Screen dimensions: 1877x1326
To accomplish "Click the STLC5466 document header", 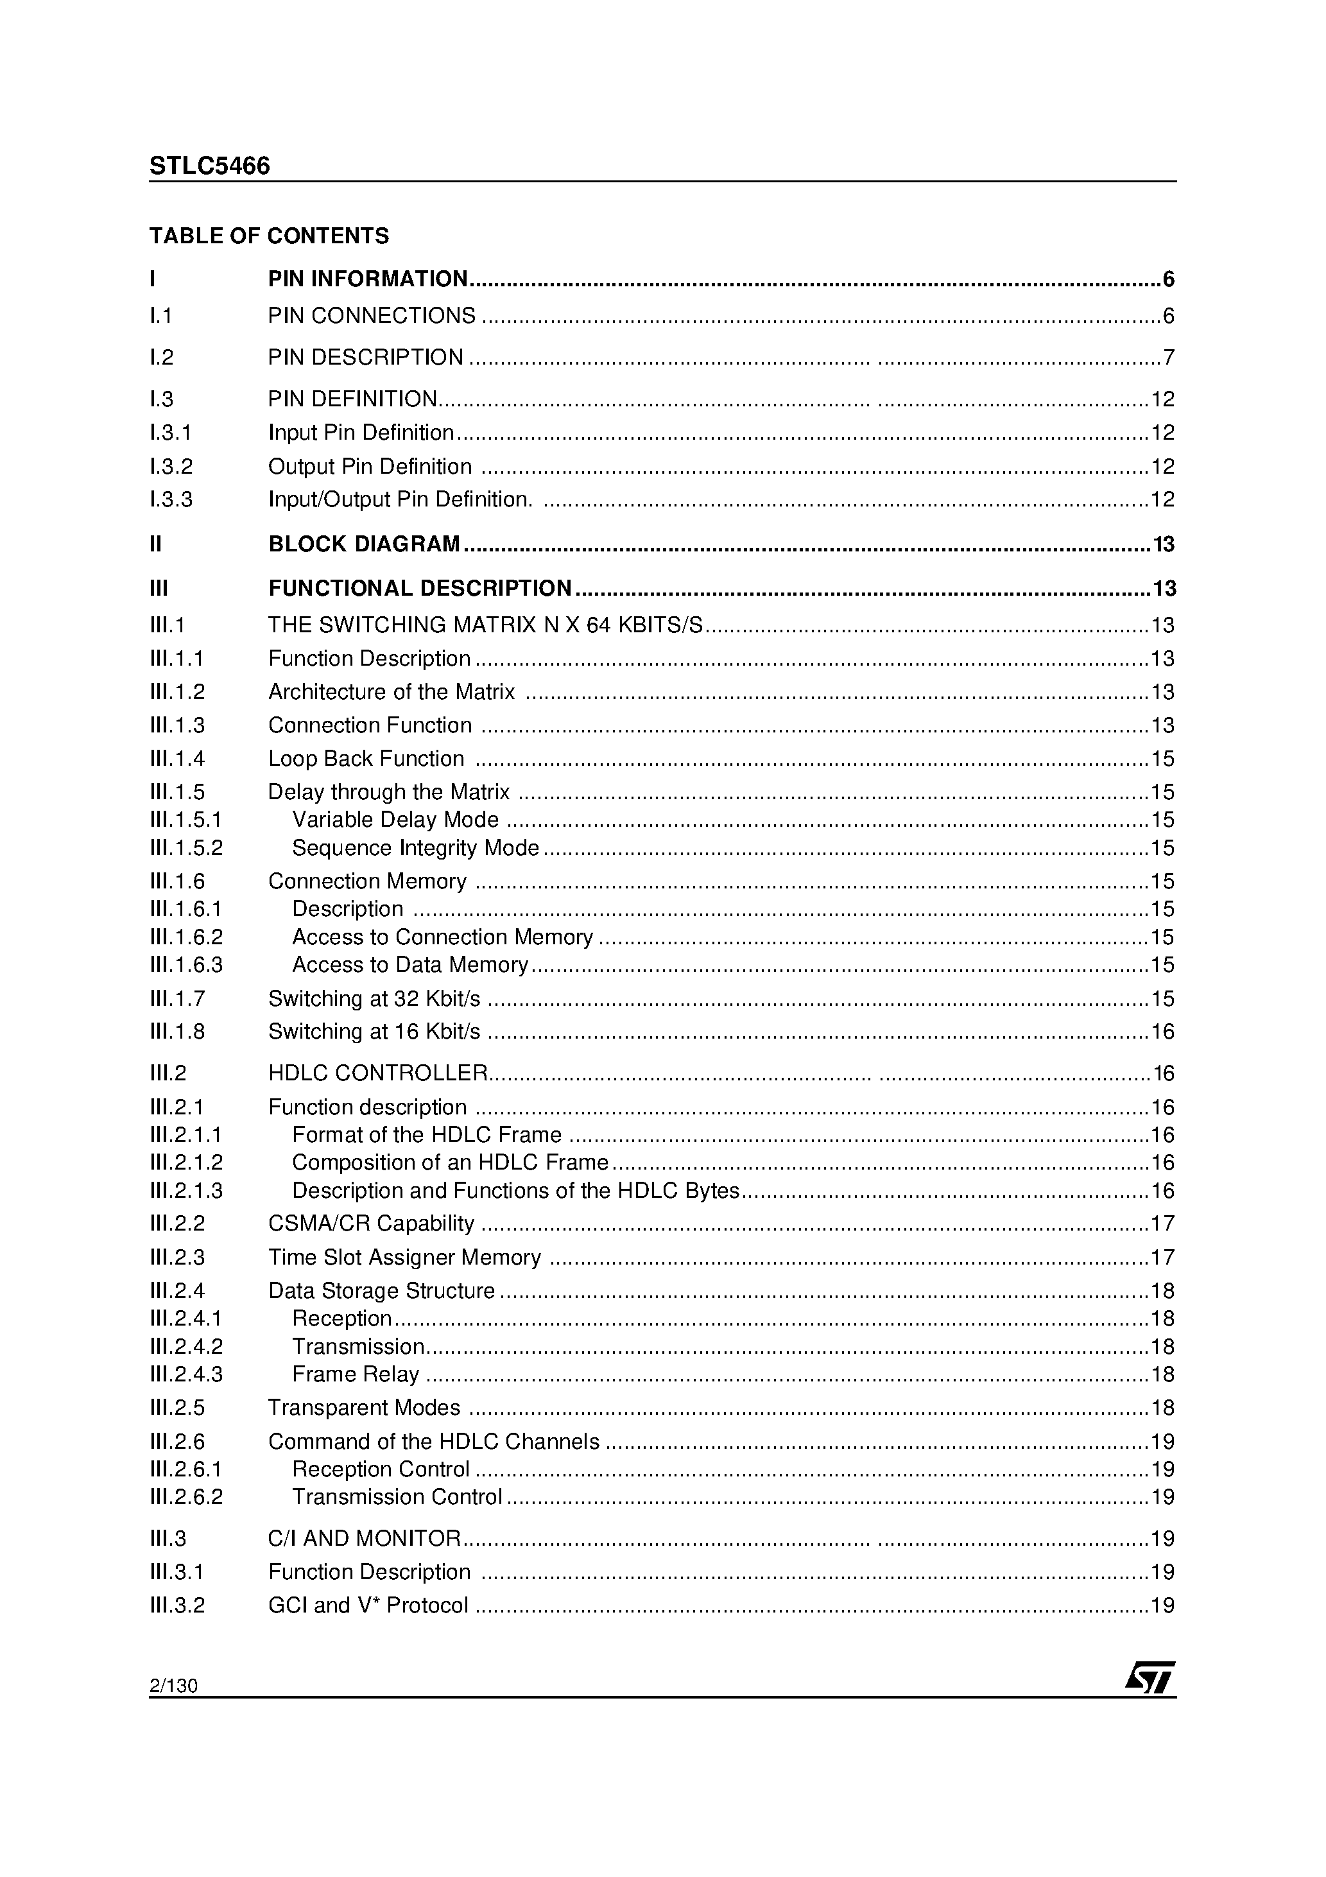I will [209, 166].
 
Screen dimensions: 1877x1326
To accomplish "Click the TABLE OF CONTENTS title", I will [269, 236].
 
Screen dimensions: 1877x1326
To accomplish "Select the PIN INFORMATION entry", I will [368, 280].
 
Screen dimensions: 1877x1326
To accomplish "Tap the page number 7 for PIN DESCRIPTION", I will [1168, 358].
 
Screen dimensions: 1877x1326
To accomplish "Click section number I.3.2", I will [171, 467].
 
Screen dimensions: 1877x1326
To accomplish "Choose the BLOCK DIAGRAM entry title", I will [365, 544].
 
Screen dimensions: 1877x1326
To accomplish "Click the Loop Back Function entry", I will [366, 759].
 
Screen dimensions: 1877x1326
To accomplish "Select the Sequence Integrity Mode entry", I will [415, 849].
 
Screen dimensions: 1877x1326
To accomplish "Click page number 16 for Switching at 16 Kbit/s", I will [1162, 1032].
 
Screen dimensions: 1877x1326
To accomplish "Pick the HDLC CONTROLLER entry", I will [377, 1073].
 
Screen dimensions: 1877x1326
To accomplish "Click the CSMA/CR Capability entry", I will [371, 1224].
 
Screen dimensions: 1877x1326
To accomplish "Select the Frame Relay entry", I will [356, 1375].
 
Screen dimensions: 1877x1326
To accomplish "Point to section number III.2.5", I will [177, 1408].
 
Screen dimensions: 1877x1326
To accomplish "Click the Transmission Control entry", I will [397, 1498].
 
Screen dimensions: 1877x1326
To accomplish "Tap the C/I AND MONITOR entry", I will [365, 1539].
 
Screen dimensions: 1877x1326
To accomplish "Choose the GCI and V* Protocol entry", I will [368, 1606].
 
